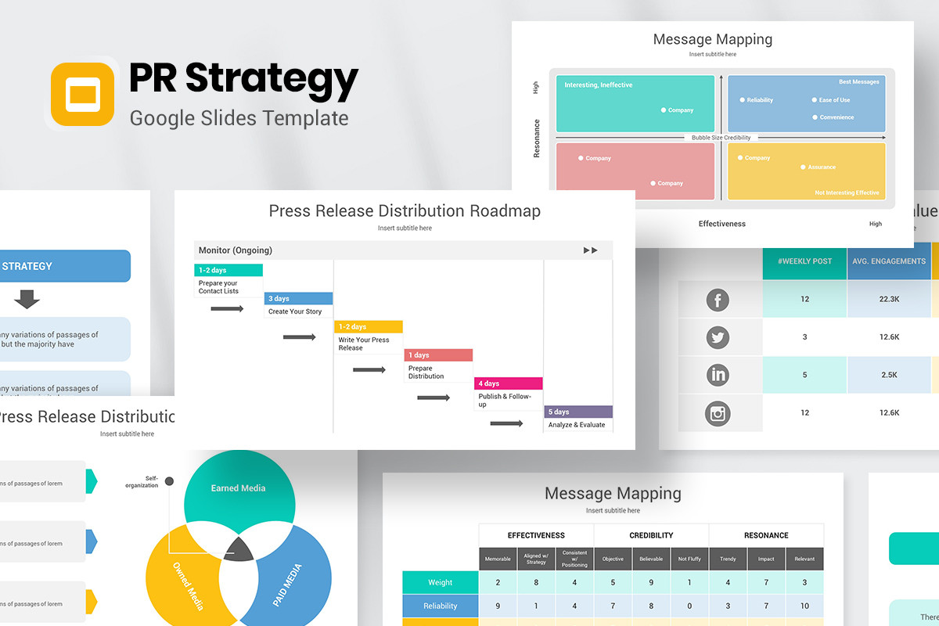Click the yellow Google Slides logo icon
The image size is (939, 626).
click(82, 94)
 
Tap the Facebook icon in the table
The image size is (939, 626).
click(718, 300)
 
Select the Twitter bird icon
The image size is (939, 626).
click(718, 337)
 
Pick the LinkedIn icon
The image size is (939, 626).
click(718, 375)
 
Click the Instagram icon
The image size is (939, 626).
click(718, 412)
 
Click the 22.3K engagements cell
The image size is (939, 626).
click(889, 300)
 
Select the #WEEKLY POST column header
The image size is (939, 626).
click(805, 261)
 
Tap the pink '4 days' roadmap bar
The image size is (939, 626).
click(508, 383)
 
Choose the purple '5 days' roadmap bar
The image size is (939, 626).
click(578, 412)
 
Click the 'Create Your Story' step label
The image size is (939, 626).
click(295, 311)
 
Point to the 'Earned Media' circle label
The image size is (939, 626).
click(238, 488)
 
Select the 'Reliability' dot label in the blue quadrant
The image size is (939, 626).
click(759, 100)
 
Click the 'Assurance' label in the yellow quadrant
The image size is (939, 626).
click(822, 167)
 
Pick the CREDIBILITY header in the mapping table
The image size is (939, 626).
click(651, 535)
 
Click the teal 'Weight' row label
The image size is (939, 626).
click(440, 582)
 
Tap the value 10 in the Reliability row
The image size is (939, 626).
click(804, 606)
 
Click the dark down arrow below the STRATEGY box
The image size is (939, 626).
click(27, 299)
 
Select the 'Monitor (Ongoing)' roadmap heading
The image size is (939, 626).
click(236, 250)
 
